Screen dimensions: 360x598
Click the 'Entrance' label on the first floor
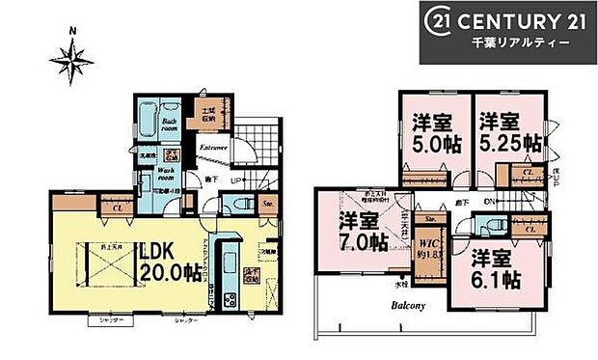213,148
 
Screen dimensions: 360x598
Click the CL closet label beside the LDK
116,207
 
